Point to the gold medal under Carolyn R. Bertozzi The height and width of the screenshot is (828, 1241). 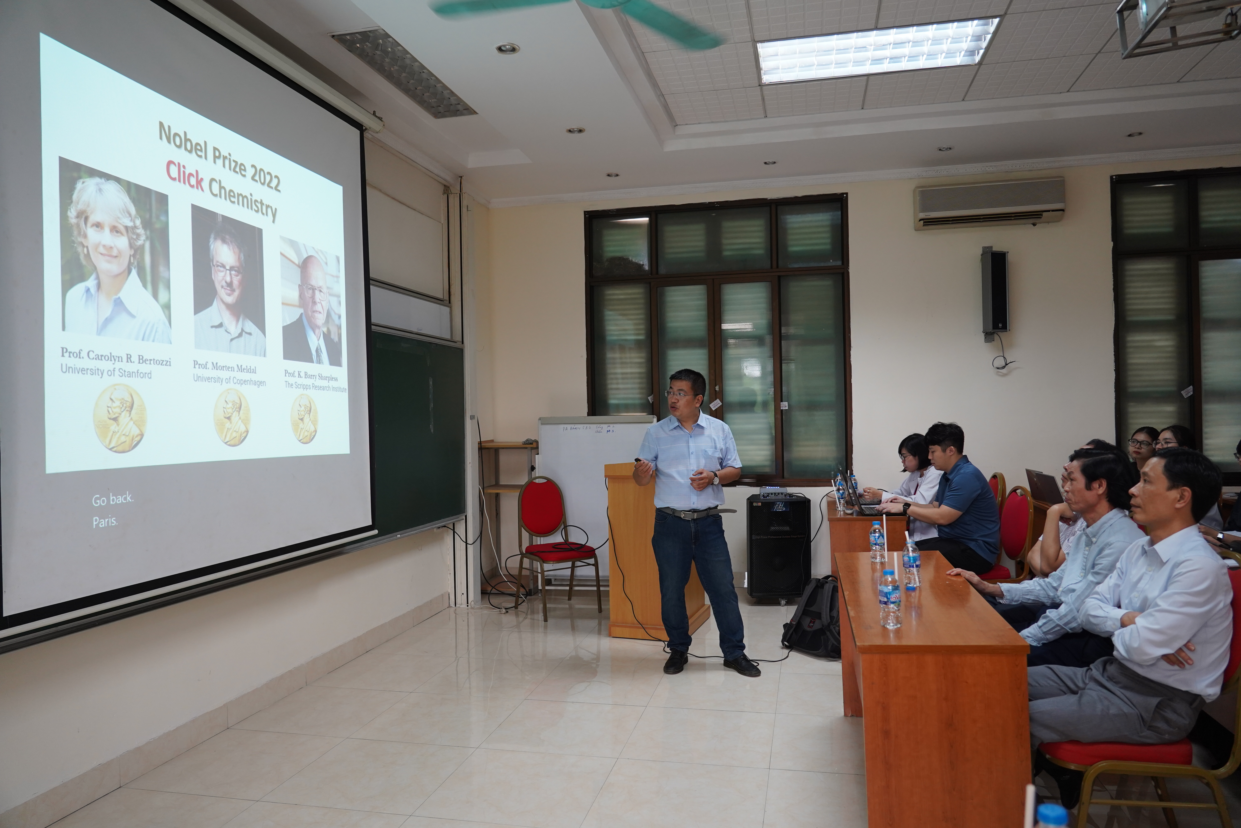point(119,417)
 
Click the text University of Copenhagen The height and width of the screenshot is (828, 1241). point(229,380)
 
